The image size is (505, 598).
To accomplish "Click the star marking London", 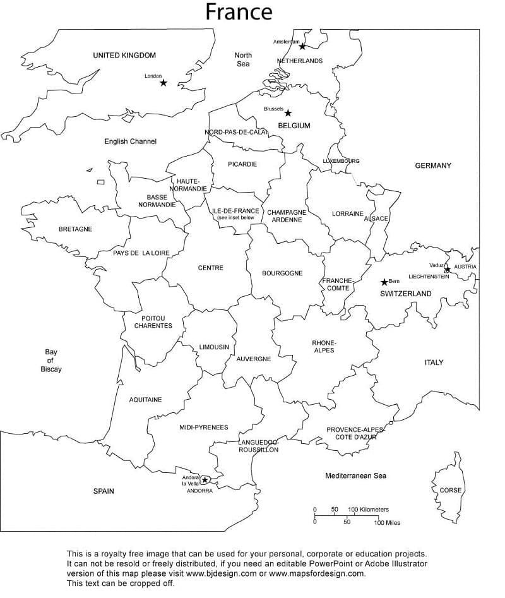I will [163, 83].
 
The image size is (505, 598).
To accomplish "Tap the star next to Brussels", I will [288, 113].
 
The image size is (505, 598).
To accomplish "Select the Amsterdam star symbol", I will [302, 46].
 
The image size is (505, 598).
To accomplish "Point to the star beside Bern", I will [384, 282].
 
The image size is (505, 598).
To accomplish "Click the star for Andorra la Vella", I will [205, 481].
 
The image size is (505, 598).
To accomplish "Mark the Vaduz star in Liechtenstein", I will [447, 270].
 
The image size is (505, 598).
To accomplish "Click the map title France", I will [239, 12].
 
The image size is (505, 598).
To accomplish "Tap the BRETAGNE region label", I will [75, 229].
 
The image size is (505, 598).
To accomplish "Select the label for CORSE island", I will [451, 491].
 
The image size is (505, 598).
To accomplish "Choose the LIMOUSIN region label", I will [214, 347].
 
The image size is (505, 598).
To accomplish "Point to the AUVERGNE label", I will [254, 359].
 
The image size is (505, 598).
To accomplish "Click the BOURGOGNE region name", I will [282, 273].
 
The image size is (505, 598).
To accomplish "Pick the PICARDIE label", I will [242, 164].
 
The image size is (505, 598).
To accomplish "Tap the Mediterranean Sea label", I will [355, 475].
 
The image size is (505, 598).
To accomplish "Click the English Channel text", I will [130, 141].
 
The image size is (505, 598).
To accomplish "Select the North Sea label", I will [243, 59].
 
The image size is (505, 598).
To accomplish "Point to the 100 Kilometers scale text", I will [368, 510].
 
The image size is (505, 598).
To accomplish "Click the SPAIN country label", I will [104, 491].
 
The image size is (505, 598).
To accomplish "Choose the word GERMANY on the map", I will [433, 165].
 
